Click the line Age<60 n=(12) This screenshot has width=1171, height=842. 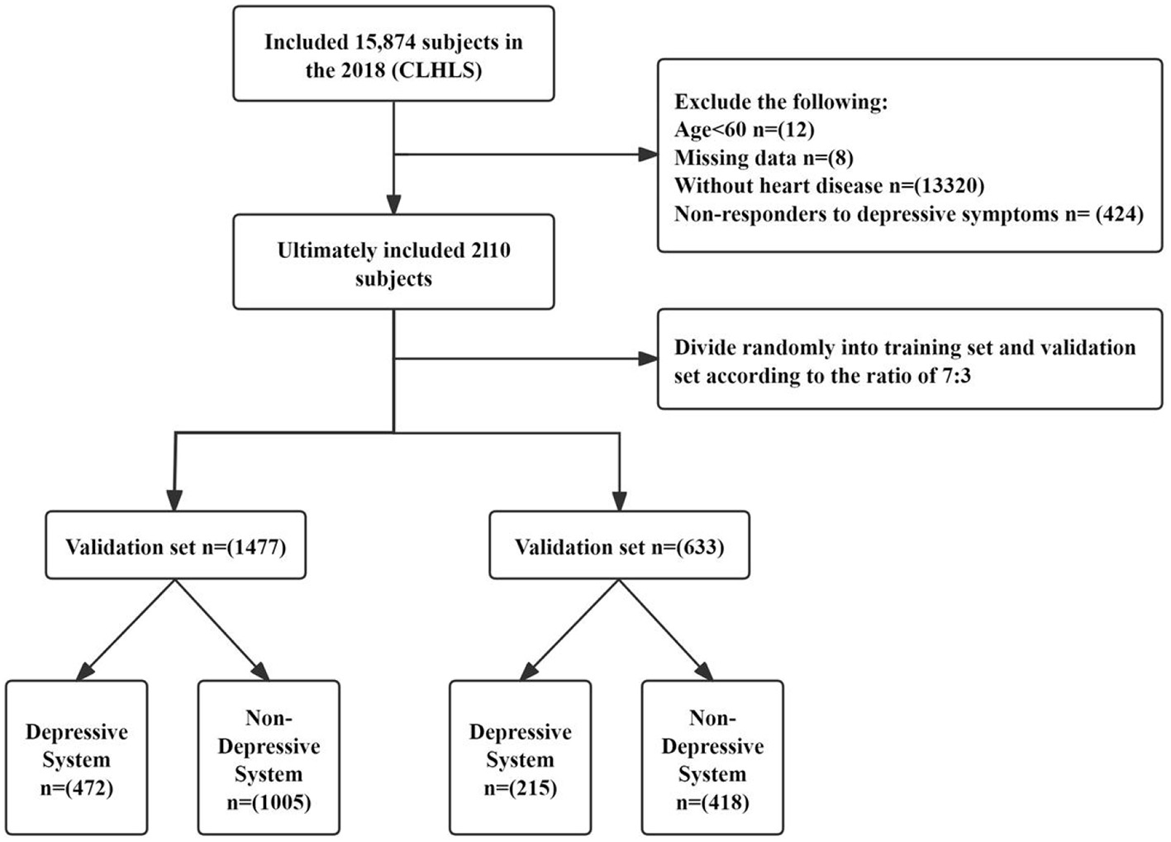(744, 130)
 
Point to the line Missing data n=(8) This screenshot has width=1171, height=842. (763, 158)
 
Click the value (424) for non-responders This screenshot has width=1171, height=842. (1119, 214)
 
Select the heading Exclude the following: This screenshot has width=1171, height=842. (780, 102)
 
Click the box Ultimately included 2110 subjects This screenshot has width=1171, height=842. (393, 263)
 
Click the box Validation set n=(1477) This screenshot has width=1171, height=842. (175, 546)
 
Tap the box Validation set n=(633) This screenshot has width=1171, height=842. (619, 546)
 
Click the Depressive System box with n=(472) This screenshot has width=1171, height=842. (76, 758)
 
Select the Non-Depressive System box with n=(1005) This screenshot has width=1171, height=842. (269, 758)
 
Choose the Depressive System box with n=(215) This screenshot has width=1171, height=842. (520, 758)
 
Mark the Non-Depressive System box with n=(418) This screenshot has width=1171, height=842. (712, 758)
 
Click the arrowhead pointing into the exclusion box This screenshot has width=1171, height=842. (648, 155)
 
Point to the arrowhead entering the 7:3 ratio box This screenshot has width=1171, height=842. (648, 359)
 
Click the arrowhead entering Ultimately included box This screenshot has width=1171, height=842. (393, 204)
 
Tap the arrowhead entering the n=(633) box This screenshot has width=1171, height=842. (619, 501)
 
